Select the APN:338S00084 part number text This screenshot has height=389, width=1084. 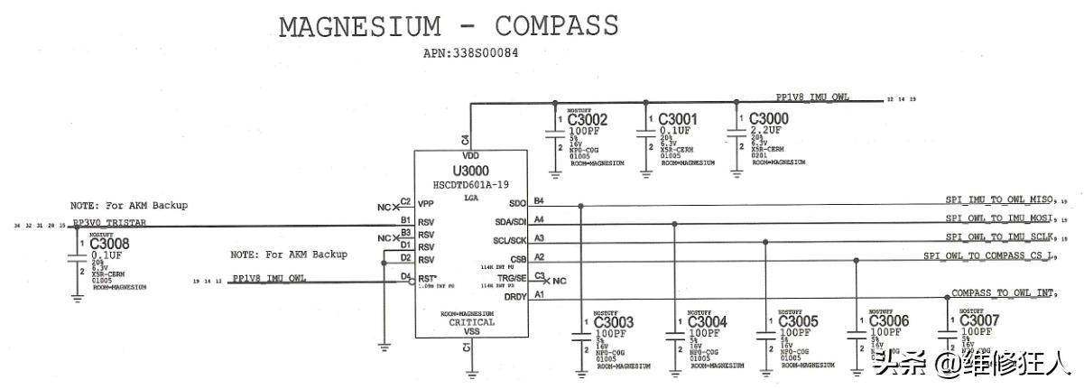coord(470,54)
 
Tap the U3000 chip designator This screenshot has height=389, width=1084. coord(470,171)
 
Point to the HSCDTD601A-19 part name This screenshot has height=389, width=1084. coord(470,184)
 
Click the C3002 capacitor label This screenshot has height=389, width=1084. coord(588,119)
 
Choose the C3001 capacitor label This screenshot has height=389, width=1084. coord(678,119)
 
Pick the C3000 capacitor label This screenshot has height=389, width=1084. coord(769,119)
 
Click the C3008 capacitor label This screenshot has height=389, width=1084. coord(109,244)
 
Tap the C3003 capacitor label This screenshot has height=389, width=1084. coord(614,322)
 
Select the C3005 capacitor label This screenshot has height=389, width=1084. coord(798,322)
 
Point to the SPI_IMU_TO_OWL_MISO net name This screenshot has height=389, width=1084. coord(999,199)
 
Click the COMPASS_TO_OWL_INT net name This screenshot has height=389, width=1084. coord(1003,293)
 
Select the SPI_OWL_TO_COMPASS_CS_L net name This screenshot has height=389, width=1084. coord(987,256)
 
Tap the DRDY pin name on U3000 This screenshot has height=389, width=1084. coord(515,296)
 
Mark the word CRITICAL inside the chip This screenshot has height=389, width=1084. coord(472,322)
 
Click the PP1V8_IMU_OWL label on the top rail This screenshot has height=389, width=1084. coord(812,97)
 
